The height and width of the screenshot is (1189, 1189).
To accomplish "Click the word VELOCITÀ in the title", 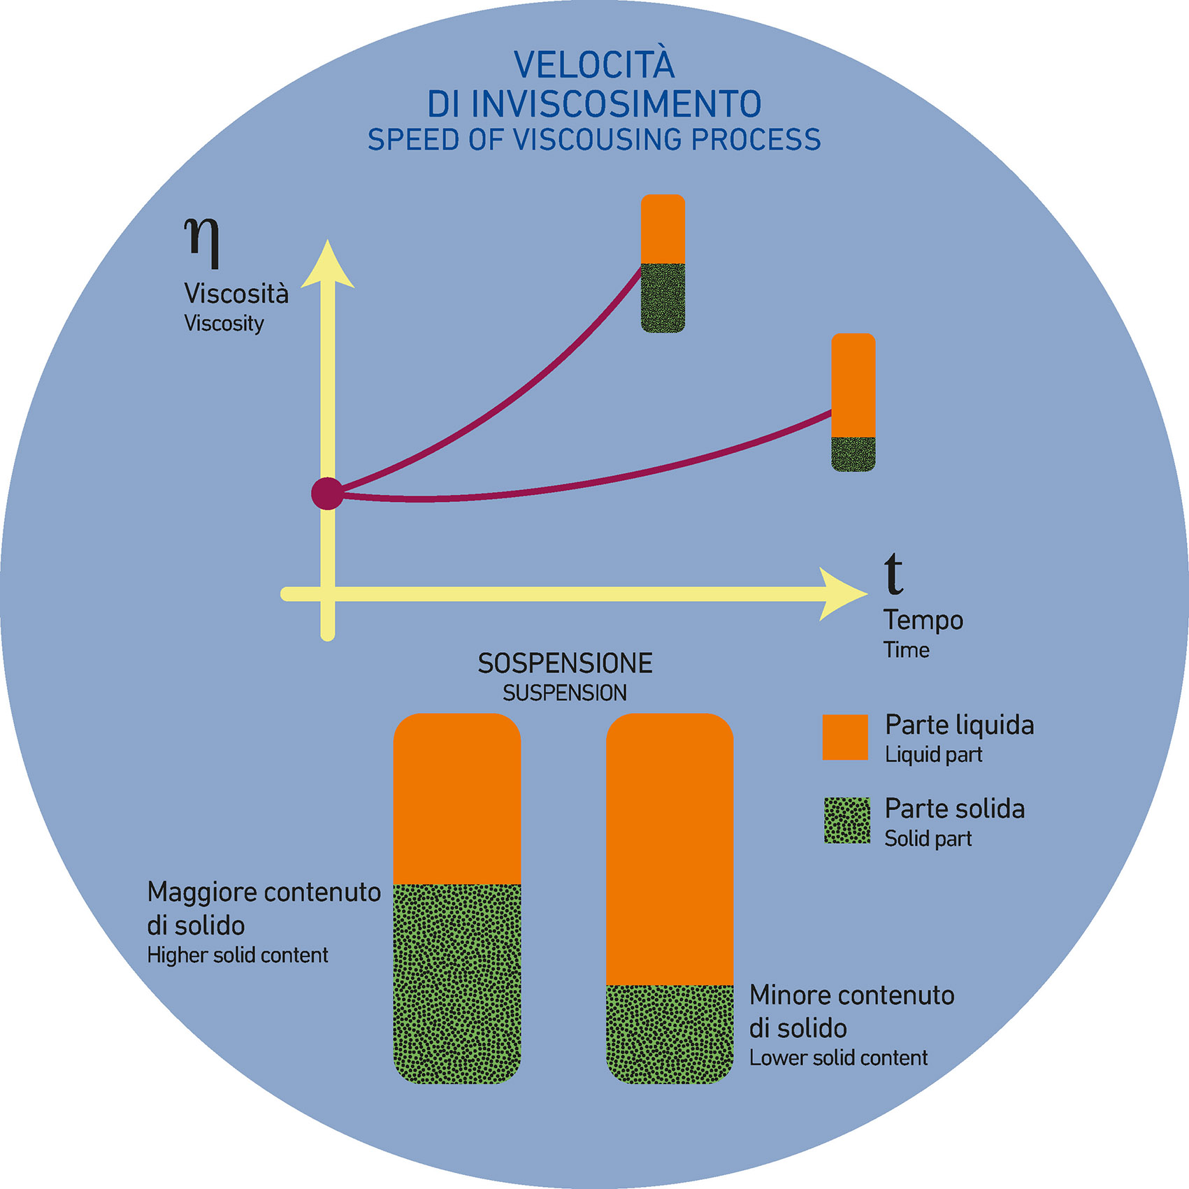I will (594, 65).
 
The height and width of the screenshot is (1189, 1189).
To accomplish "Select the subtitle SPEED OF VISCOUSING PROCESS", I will (594, 140).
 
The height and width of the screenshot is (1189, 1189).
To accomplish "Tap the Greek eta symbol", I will (203, 240).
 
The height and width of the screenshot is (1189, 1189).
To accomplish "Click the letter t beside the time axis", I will (893, 573).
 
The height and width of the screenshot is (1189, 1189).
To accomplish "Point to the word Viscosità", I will (236, 294).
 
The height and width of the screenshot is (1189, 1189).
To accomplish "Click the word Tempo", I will (923, 620).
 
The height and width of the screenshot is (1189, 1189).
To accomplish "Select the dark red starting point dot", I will (327, 493).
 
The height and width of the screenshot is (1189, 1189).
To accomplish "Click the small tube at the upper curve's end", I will (663, 264).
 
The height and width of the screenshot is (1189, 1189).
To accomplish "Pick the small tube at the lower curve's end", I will (853, 402).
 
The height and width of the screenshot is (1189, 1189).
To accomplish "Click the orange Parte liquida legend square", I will (845, 737).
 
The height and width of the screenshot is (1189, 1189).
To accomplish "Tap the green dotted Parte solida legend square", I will (847, 821).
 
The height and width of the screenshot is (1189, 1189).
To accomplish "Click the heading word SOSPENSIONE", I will (565, 663).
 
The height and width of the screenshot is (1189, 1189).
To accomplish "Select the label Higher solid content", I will (237, 956).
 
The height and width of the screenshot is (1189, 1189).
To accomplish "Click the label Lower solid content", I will (838, 1058).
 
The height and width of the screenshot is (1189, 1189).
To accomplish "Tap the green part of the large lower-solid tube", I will (670, 1033).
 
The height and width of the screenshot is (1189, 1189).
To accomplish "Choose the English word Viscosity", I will (224, 324).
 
